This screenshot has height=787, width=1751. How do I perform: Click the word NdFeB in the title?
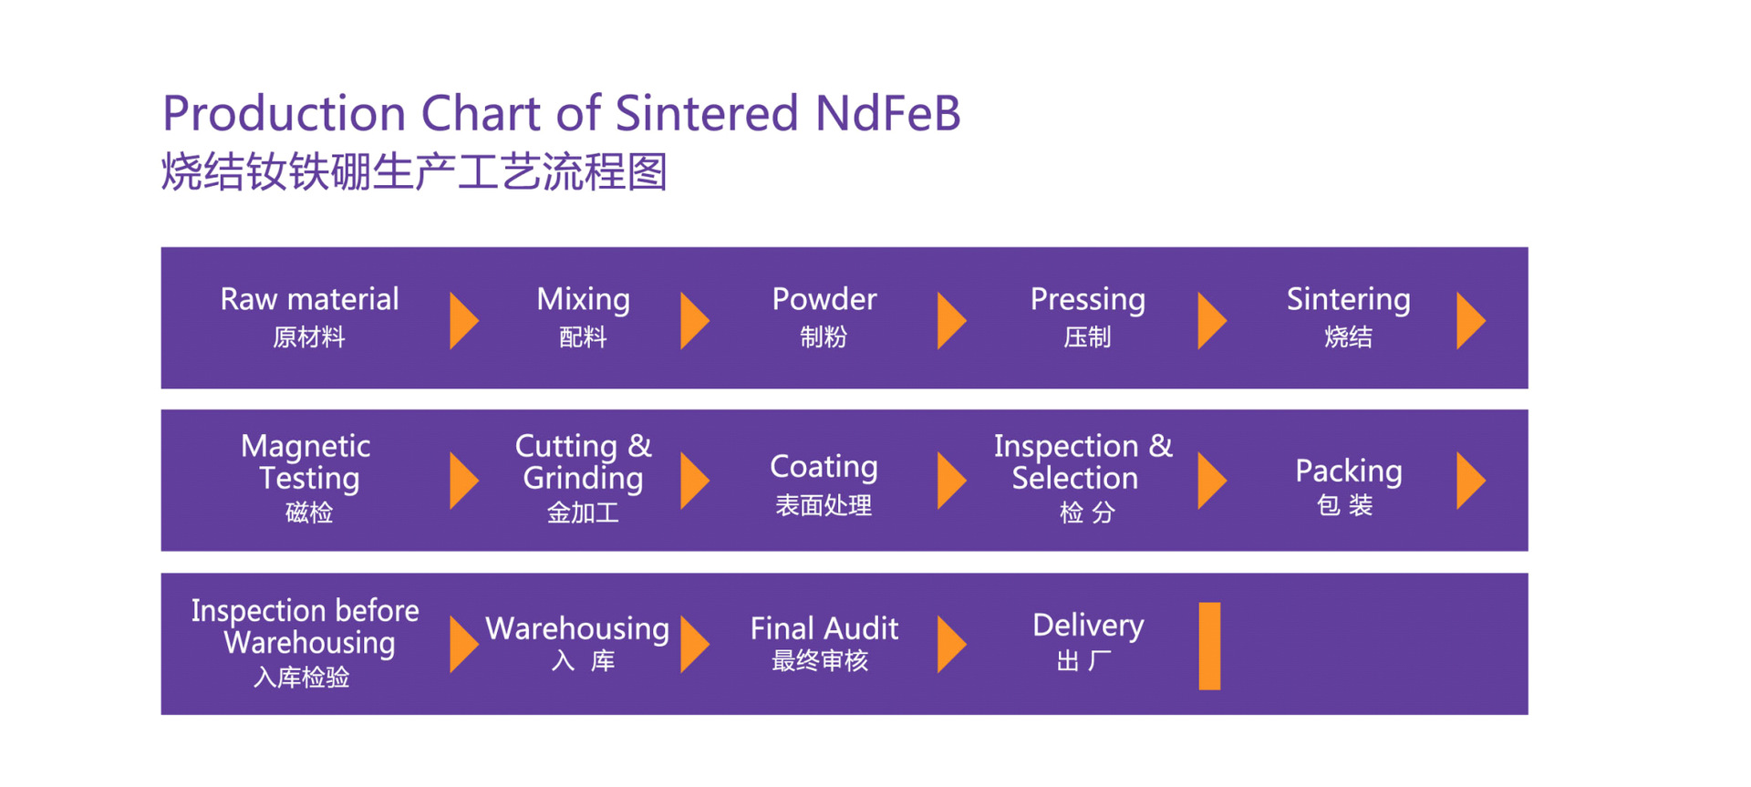(887, 114)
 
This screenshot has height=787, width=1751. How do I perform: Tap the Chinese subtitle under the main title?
(414, 172)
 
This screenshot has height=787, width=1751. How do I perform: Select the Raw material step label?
(309, 300)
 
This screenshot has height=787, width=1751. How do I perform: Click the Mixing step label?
(583, 300)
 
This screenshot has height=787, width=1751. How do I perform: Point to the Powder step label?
(824, 300)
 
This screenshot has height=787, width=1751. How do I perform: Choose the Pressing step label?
(1087, 300)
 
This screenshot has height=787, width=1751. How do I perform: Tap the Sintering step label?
(1348, 300)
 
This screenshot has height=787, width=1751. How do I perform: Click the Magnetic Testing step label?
(307, 462)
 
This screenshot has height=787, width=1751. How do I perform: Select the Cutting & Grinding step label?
(583, 462)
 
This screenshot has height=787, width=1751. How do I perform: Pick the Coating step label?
(824, 467)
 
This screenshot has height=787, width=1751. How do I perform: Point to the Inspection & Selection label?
(1083, 462)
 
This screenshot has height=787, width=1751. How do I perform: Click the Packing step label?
(1348, 471)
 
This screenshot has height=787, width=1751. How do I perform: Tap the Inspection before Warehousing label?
(306, 626)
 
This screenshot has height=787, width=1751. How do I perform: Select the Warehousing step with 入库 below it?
(577, 629)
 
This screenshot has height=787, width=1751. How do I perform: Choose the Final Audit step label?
(824, 629)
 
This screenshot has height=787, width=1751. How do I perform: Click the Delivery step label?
(1087, 626)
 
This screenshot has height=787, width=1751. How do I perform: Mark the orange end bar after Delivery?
(1209, 646)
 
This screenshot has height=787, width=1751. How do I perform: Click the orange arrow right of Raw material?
(463, 320)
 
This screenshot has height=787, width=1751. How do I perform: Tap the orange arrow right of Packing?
(1470, 481)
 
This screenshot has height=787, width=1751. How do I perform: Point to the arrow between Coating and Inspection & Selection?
(950, 481)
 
